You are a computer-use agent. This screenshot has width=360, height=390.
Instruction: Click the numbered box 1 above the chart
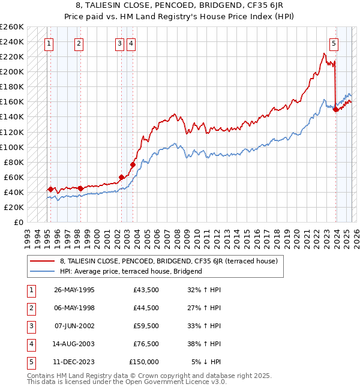pyautogui.click(x=48, y=43)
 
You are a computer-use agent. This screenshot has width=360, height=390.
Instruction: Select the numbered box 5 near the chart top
pyautogui.click(x=334, y=43)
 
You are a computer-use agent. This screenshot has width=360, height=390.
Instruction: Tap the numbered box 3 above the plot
pyautogui.click(x=119, y=43)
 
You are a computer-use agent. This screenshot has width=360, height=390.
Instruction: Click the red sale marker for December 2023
pyautogui.click(x=335, y=109)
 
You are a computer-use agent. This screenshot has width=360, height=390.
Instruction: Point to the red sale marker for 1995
pyautogui.click(x=50, y=190)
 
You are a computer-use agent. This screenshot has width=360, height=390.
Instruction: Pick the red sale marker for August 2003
pyautogui.click(x=133, y=164)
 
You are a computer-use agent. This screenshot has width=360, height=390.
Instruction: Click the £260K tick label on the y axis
pyautogui.click(x=12, y=27)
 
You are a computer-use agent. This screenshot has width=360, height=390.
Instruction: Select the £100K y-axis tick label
pyautogui.click(x=12, y=147)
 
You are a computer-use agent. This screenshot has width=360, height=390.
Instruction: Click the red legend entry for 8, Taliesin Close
pyautogui.click(x=168, y=262)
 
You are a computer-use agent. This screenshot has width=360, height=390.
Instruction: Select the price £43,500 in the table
pyautogui.click(x=146, y=290)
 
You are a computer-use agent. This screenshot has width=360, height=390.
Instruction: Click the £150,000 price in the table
pyautogui.click(x=144, y=362)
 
